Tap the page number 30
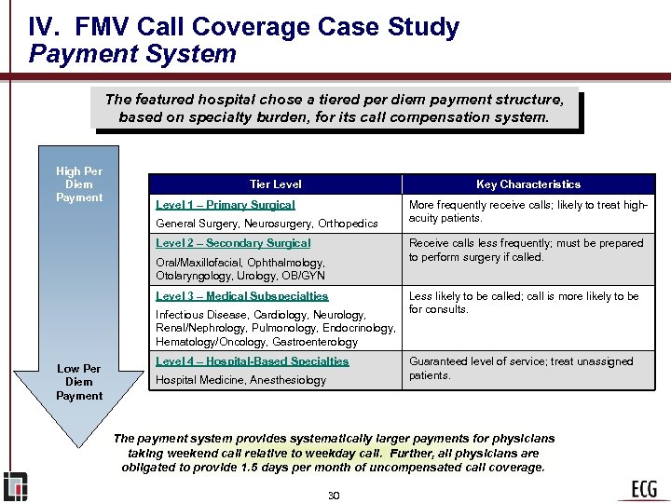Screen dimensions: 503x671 pos(334,495)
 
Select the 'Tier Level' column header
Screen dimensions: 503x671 pos(276,184)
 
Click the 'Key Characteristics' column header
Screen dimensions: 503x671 pos(528,184)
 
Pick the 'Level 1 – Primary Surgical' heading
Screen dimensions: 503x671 pos(226,205)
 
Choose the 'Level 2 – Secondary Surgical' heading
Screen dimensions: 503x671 pos(233,243)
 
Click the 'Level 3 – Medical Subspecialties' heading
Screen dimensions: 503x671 pos(242,296)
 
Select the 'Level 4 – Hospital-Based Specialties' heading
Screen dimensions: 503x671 pos(252,361)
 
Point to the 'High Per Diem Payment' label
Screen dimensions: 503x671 pos(79,184)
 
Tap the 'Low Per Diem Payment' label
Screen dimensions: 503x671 pos(79,382)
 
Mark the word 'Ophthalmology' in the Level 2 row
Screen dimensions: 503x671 pos(286,263)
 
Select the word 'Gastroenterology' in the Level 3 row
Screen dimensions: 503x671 pos(313,342)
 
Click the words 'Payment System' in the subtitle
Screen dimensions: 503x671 pos(132,54)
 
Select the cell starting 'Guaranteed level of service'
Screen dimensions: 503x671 pos(522,368)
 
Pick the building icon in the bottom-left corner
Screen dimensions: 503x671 pos(15,486)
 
